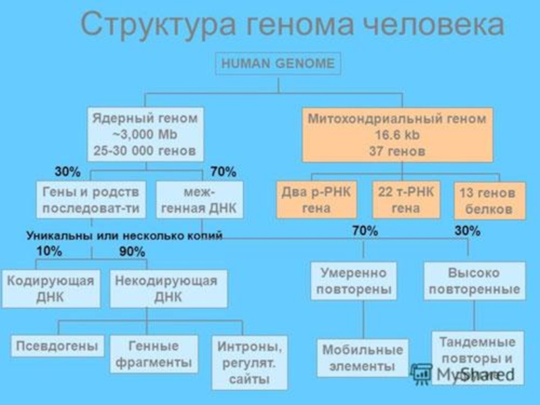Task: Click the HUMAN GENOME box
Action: (278, 64)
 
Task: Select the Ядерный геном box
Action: (146, 134)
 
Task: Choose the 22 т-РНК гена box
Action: (406, 200)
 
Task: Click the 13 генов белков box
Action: (487, 201)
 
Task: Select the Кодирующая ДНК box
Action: (50, 289)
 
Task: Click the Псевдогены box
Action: (58, 346)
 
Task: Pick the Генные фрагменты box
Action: (156, 354)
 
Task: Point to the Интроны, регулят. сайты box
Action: (249, 362)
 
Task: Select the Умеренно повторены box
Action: (364, 281)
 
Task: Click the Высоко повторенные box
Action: (475, 281)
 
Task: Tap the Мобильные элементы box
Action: (362, 358)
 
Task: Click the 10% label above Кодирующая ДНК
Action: (49, 252)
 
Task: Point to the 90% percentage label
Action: (132, 252)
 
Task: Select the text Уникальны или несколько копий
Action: (124, 236)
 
